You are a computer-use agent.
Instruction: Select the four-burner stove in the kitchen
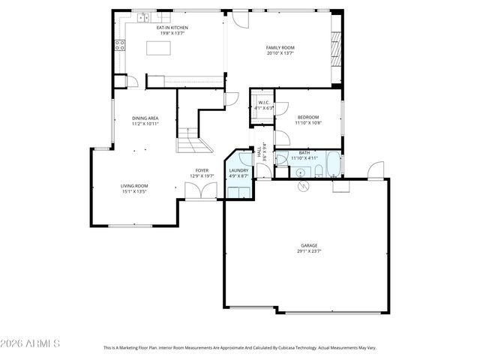point(119,44)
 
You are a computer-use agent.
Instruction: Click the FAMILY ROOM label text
point(280,47)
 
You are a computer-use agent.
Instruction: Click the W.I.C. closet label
point(264,102)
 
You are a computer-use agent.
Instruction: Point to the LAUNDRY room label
point(238,169)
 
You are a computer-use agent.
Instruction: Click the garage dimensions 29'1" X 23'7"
point(309,251)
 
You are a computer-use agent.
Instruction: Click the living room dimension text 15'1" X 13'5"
point(134,191)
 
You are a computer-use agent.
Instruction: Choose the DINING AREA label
point(145,118)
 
